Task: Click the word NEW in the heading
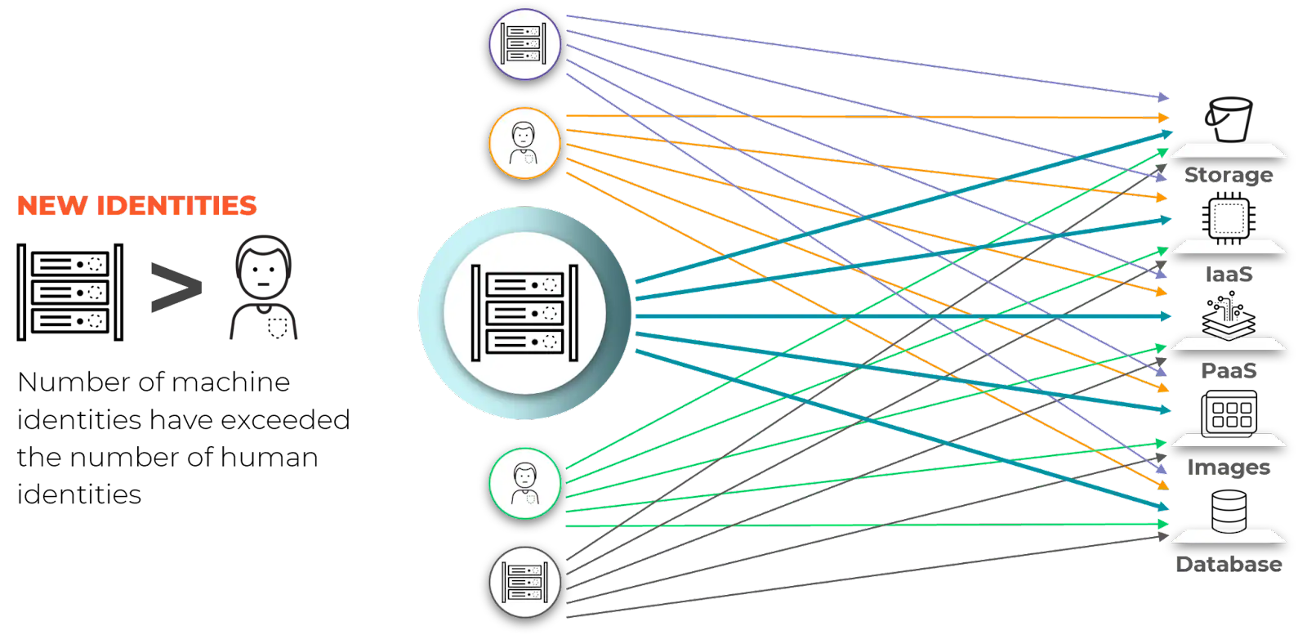(51, 205)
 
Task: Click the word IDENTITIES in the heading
(176, 205)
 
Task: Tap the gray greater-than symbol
(176, 287)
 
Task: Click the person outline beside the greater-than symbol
(263, 287)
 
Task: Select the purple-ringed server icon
(524, 44)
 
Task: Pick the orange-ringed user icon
(524, 143)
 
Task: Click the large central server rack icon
(524, 313)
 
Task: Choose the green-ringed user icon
(524, 483)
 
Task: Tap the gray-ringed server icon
(524, 582)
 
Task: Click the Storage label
(1228, 175)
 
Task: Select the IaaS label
(1228, 274)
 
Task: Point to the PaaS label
(1228, 370)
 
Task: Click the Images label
(1228, 467)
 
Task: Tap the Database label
(1228, 564)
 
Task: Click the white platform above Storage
(1228, 151)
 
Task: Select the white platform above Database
(1228, 537)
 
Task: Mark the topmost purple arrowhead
(1163, 97)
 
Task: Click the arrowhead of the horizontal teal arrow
(1166, 316)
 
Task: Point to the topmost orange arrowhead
(1163, 119)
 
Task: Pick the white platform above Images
(1228, 440)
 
